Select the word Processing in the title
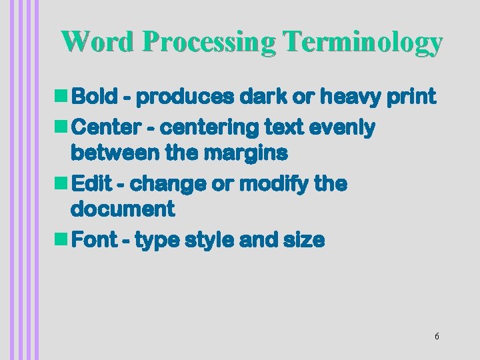pos(208,41)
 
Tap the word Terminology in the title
pos(362,41)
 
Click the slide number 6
pos(437,336)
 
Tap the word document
pos(122,211)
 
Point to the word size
pos(304,241)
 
